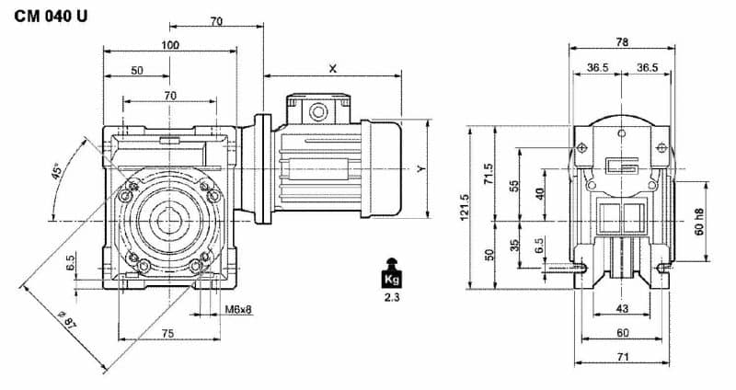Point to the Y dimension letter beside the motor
[420, 169]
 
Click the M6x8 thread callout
[239, 309]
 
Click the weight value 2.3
[390, 298]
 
